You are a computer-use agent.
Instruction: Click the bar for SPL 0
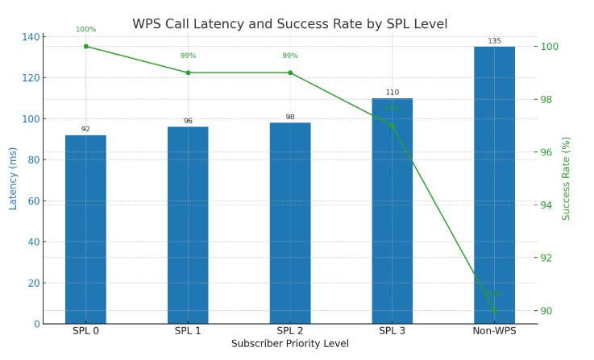click(85, 230)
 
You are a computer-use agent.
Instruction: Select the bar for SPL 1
click(188, 226)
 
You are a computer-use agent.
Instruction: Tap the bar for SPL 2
click(290, 223)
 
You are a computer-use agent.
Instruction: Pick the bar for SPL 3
click(392, 211)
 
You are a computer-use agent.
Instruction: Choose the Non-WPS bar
click(494, 185)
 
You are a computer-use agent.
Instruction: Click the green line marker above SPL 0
click(86, 46)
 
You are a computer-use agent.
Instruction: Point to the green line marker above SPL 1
click(188, 72)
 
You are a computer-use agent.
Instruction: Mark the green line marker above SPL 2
click(290, 72)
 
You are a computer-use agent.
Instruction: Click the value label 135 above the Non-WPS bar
click(494, 41)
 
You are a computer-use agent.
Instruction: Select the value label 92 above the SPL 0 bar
click(85, 129)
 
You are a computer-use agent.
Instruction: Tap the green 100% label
click(85, 30)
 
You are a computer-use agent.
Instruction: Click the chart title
click(290, 24)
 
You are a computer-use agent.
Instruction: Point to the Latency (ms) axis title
click(14, 178)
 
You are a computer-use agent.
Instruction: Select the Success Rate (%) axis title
click(567, 178)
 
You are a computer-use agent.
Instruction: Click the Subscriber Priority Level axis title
click(290, 344)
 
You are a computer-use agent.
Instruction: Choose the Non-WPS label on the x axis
click(494, 331)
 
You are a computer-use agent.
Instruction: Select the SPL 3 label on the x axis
click(392, 331)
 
